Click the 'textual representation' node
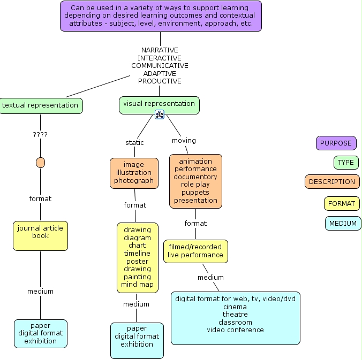[40, 105]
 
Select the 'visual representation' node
[159, 104]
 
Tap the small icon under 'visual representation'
[159, 114]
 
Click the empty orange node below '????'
[40, 163]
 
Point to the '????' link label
[40, 135]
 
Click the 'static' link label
[134, 143]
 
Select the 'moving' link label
[184, 141]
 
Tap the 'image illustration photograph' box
[134, 173]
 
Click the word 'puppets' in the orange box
[195, 193]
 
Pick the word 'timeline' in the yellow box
[138, 254]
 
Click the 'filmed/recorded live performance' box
[195, 251]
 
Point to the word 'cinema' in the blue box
[235, 307]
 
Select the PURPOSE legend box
[336, 143]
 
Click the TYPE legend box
[346, 163]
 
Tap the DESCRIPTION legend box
[332, 182]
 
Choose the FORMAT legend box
[342, 204]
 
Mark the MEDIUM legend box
[343, 224]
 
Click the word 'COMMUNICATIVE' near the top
[160, 66]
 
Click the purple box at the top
[160, 16]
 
